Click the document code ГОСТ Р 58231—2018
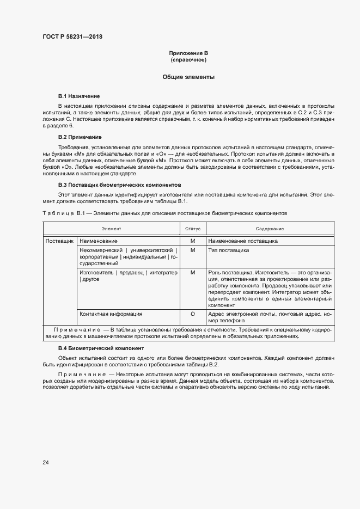(x=72, y=37)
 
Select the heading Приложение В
(x=188, y=53)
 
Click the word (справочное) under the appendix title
(x=188, y=59)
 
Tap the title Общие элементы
(x=188, y=77)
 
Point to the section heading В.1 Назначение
(x=79, y=96)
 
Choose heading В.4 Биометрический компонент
(x=101, y=348)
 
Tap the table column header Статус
(x=193, y=229)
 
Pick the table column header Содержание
(x=270, y=229)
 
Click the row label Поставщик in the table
(x=59, y=240)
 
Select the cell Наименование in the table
(x=99, y=240)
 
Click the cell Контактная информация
(x=111, y=314)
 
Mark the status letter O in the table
(x=193, y=314)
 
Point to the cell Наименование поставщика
(x=243, y=240)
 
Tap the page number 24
(x=46, y=463)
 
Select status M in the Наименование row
(x=193, y=240)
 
